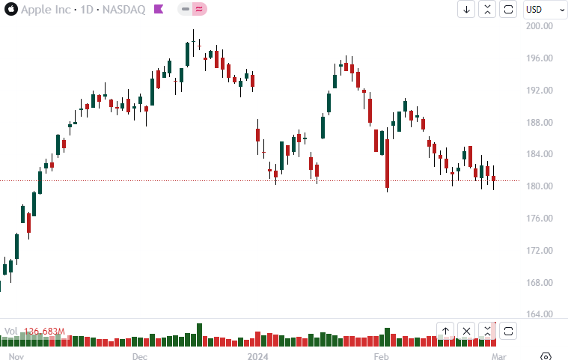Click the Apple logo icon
[10, 10]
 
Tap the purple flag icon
[159, 10]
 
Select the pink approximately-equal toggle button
[199, 10]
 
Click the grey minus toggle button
[185, 10]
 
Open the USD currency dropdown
[545, 10]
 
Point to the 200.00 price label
[540, 26]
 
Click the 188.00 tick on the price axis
[540, 123]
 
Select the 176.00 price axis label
[540, 219]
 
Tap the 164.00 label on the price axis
[540, 315]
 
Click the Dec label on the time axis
[140, 356]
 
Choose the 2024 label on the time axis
[257, 356]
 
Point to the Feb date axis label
[381, 356]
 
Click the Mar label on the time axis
[499, 356]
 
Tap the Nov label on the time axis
[17, 356]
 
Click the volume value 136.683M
[45, 332]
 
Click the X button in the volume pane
[466, 330]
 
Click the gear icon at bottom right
[546, 356]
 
